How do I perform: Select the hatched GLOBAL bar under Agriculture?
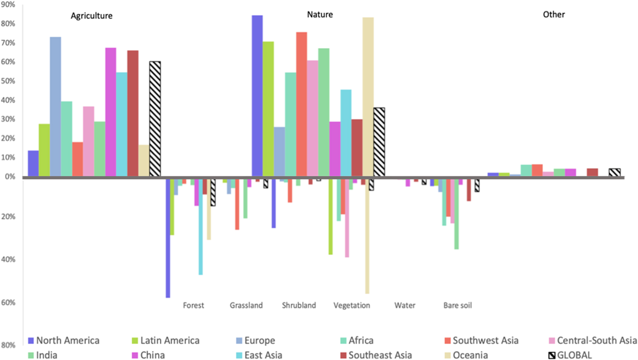tap(155, 119)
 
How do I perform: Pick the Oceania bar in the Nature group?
tap(368, 97)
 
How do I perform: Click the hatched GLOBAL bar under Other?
tap(615, 173)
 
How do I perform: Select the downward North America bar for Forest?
tap(168, 238)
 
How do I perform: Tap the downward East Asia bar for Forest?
tap(201, 227)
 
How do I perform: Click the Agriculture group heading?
tap(91, 16)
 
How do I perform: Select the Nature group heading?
tap(320, 14)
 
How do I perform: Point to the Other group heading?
tap(553, 14)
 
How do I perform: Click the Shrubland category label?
tap(299, 305)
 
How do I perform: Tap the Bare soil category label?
tap(457, 305)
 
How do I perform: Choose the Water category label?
tap(405, 305)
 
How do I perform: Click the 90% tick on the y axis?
tap(8, 5)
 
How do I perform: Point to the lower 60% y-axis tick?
tap(8, 302)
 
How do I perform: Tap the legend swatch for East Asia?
tap(239, 355)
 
